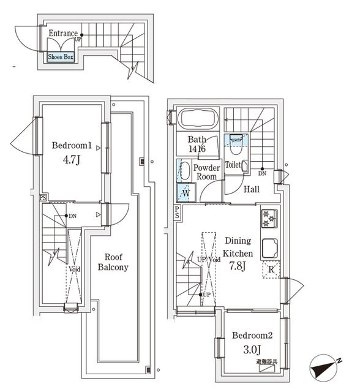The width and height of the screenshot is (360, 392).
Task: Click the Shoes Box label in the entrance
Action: coord(61,57)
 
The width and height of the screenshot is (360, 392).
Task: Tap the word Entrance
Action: coord(63,34)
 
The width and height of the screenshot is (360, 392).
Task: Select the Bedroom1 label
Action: coord(72,146)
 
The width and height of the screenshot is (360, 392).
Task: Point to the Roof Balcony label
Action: coord(113,262)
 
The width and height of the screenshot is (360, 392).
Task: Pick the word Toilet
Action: coord(233,165)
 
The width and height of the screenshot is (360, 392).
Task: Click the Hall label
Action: coord(252,190)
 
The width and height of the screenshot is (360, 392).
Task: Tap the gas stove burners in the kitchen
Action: coord(269,219)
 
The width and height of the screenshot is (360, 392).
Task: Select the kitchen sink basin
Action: coord(269,248)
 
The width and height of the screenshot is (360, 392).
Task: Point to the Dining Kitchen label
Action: coord(238,247)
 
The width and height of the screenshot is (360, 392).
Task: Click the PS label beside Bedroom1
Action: coord(43,197)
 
